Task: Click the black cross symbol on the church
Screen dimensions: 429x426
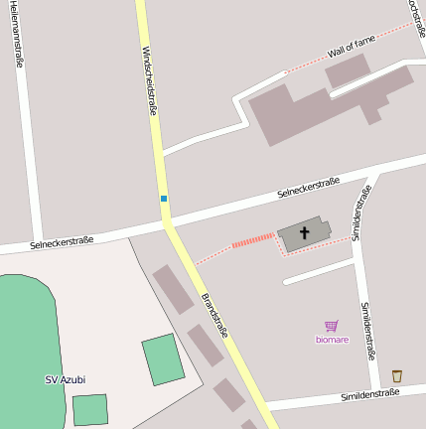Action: [304, 233]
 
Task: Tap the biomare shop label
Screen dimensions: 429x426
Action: [332, 340]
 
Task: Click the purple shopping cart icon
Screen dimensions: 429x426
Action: [332, 326]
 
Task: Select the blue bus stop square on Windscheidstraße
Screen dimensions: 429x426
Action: [164, 199]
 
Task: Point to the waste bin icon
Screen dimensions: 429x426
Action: [397, 375]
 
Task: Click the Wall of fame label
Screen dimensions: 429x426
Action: [352, 46]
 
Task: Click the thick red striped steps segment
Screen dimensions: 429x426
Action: [252, 240]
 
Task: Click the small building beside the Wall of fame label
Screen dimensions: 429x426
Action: [347, 70]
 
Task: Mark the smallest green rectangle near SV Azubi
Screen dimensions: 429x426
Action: [89, 409]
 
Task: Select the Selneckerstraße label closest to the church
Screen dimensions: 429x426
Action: [308, 186]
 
